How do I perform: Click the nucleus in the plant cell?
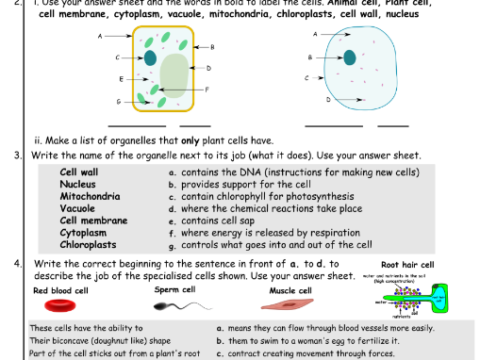150,57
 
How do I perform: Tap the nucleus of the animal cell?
350,57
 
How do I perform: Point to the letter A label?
315,34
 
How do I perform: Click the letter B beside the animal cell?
309,57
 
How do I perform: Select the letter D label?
328,99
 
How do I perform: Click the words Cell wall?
78,172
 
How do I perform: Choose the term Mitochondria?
90,197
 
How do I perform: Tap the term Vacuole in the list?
77,209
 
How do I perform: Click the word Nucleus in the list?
77,185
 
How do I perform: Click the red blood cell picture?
64,304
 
